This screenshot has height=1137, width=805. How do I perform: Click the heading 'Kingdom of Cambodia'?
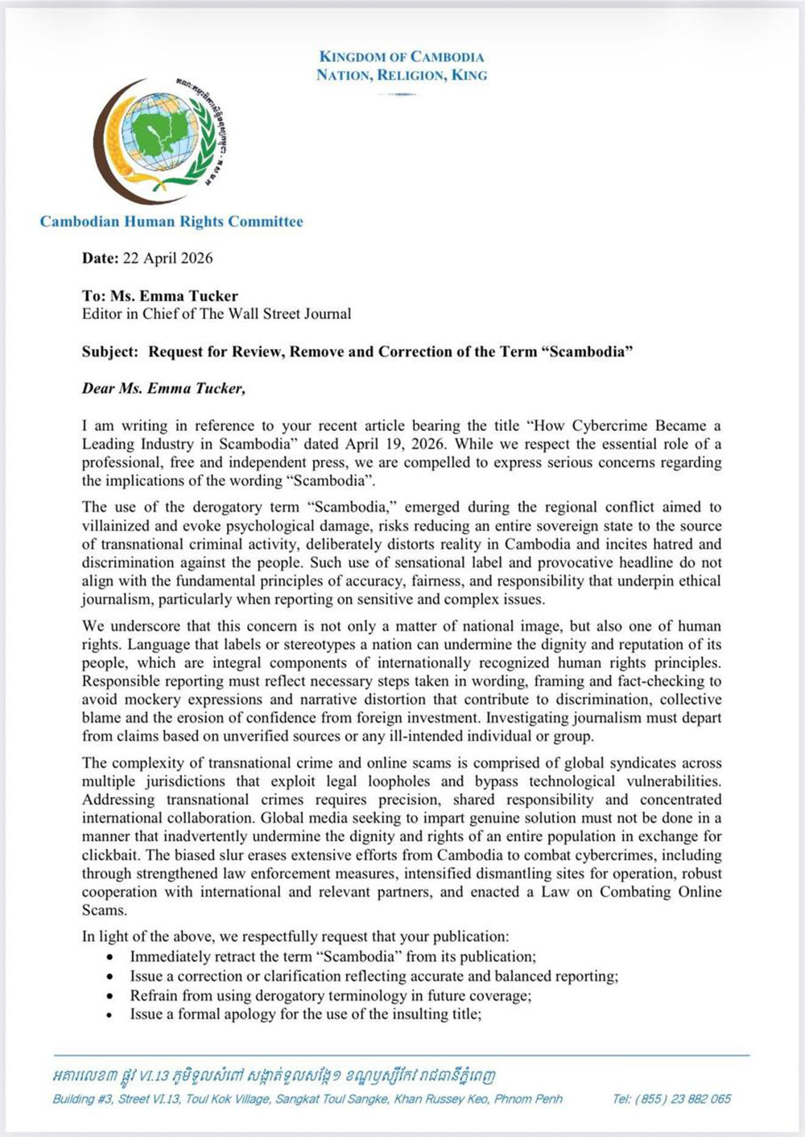[x=402, y=56]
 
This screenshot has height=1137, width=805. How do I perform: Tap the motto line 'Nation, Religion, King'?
[x=402, y=75]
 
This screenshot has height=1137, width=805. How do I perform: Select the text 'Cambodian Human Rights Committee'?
[x=171, y=222]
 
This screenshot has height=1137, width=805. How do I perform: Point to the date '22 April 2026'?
[x=167, y=258]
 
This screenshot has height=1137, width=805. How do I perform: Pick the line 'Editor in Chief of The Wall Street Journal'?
[x=217, y=313]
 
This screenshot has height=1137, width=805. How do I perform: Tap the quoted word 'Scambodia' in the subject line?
[x=587, y=351]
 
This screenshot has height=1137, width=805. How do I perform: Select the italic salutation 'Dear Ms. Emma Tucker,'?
[x=163, y=388]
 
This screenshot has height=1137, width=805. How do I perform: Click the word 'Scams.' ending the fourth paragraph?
[x=104, y=911]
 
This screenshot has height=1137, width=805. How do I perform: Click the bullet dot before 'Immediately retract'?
[x=110, y=957]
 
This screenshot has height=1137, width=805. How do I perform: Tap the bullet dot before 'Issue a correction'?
[x=110, y=977]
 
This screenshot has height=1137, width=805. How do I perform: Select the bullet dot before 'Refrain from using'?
[x=110, y=996]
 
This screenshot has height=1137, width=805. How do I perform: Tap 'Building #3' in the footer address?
[x=81, y=1099]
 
